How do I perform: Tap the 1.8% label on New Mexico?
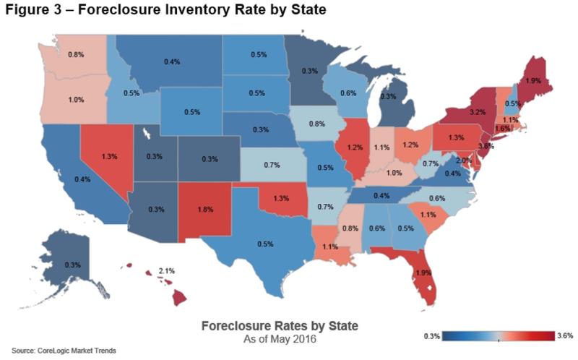pyautogui.click(x=205, y=210)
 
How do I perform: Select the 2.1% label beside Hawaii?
pyautogui.click(x=167, y=270)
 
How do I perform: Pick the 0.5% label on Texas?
pyautogui.click(x=264, y=244)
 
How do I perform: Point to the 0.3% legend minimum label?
pyautogui.click(x=431, y=336)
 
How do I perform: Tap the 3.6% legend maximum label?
pyautogui.click(x=565, y=336)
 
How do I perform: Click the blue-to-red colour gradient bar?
pyautogui.click(x=498, y=336)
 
